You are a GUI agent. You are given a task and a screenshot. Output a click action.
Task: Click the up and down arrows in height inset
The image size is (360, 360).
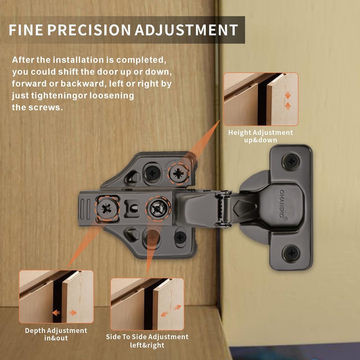(288, 100)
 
